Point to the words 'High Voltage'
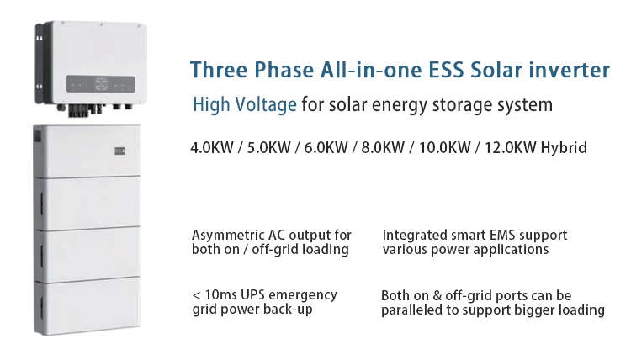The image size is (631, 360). point(244,106)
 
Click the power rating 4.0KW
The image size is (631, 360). point(214,147)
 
